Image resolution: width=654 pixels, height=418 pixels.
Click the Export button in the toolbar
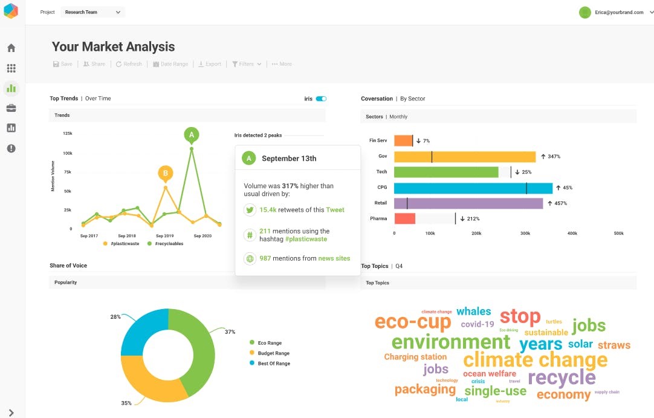coord(210,64)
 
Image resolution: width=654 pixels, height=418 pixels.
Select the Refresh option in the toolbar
coord(128,64)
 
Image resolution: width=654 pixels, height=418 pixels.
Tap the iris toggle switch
coord(321,99)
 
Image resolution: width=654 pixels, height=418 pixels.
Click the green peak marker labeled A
coord(192,135)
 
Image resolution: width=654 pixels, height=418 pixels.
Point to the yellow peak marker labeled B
coord(165,174)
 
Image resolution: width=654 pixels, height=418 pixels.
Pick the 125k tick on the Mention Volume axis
coord(68,134)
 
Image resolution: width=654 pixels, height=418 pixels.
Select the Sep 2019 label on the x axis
coord(164,236)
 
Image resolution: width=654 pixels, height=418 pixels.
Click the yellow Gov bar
coord(464,157)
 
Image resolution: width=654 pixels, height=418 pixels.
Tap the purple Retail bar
coord(468,203)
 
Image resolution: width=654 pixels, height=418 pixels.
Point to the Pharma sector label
coord(378,218)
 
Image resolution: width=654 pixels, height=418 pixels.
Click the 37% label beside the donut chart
coord(230,331)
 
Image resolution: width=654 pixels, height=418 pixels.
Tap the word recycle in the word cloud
coord(562,377)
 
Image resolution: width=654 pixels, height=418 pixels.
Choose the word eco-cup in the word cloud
coord(413,322)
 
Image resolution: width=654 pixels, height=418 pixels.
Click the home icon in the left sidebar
coord(11,48)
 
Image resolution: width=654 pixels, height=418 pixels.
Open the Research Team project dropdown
coord(92,12)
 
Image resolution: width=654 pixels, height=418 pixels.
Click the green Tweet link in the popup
coord(335,210)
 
